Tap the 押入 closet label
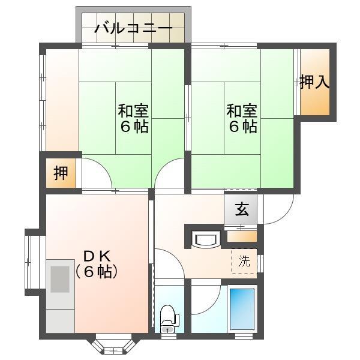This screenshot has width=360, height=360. click(x=314, y=82)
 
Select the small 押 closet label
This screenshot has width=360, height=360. click(x=61, y=173)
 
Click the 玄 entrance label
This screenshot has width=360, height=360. click(x=241, y=209)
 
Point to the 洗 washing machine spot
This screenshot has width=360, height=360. click(x=244, y=261)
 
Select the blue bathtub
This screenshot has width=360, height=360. click(x=242, y=310)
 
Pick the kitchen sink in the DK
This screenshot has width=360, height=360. click(x=60, y=279)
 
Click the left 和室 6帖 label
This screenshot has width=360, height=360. click(x=133, y=119)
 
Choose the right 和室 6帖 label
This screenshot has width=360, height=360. click(x=242, y=119)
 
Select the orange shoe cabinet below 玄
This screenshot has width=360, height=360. click(x=242, y=236)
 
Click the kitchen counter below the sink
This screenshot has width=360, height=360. click(x=60, y=318)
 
